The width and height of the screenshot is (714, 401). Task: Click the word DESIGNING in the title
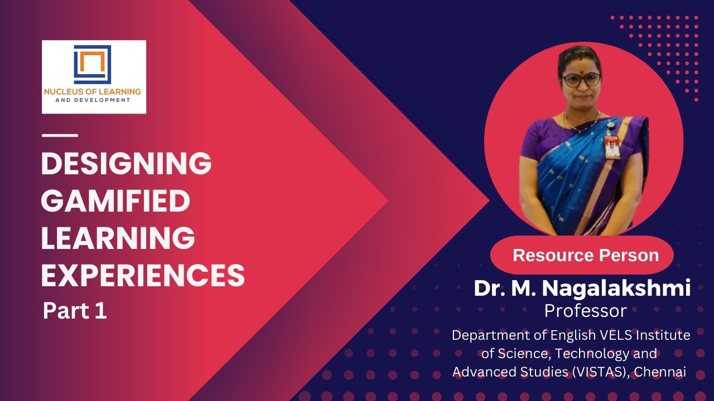tap(126, 164)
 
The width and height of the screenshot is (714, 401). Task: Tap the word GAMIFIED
tap(115, 201)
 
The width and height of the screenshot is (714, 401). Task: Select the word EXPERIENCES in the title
tap(143, 275)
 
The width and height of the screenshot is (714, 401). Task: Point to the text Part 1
tap(75, 311)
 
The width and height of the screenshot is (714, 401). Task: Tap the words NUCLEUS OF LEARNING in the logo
tap(93, 91)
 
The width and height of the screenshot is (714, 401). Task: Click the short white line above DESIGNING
tap(60, 135)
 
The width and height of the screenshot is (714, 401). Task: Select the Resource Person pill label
tap(585, 256)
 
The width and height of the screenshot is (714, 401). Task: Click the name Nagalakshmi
tap(616, 288)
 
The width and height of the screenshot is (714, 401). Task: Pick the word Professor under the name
tap(585, 310)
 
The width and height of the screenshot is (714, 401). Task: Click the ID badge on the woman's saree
tap(612, 146)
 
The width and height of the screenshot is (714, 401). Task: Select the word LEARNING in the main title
tap(118, 238)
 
